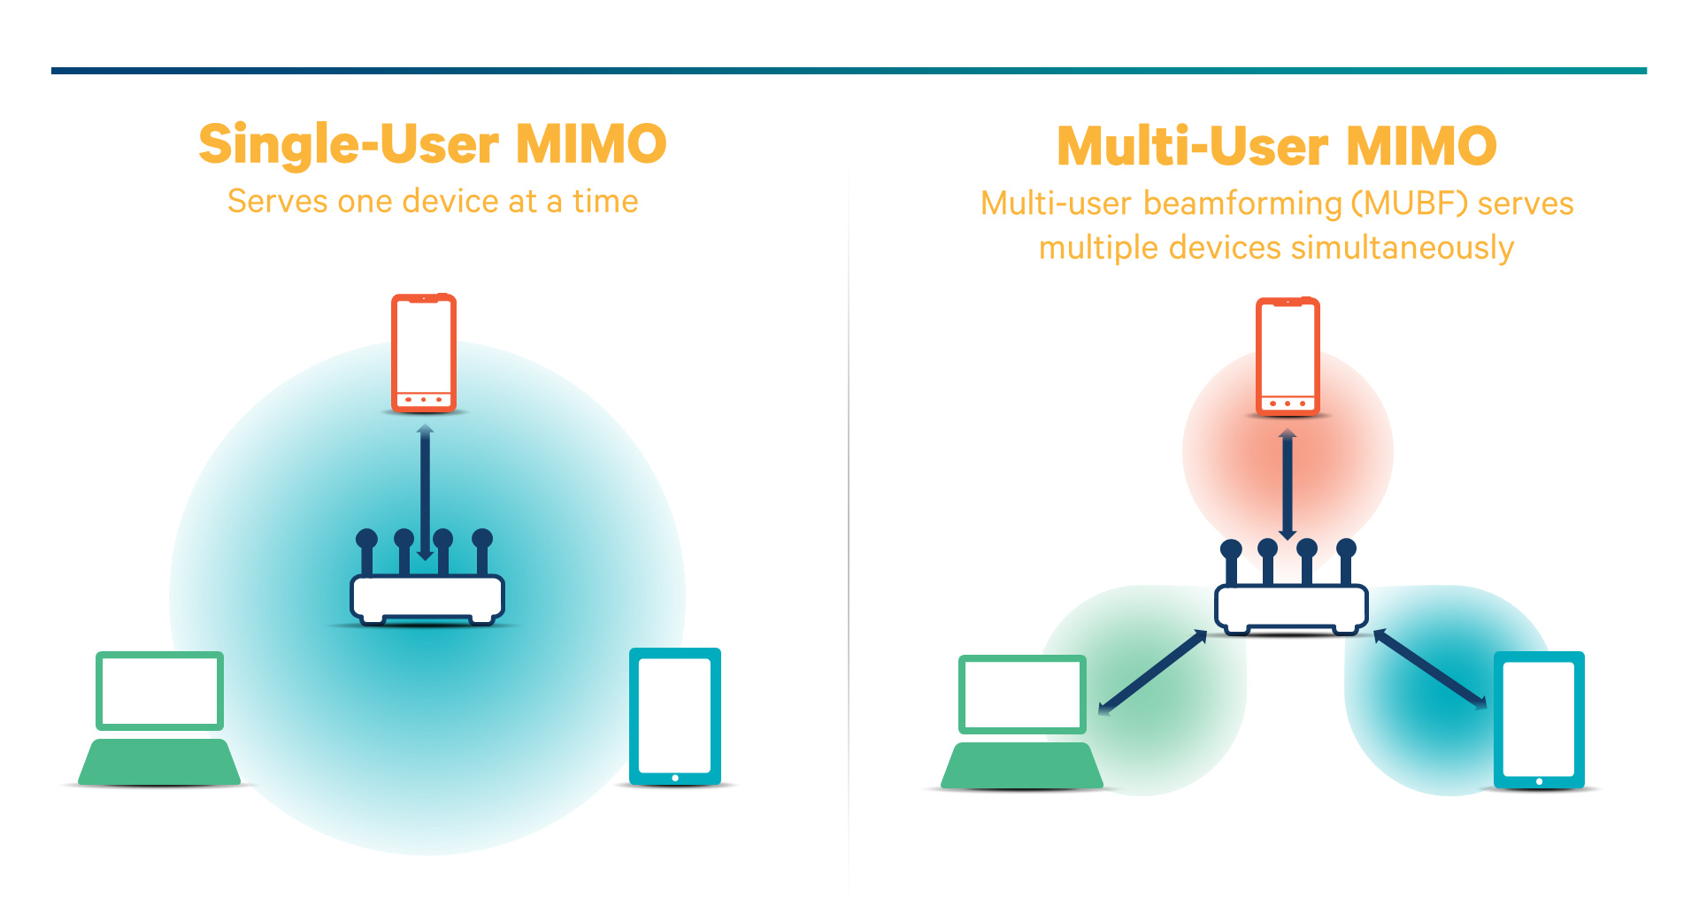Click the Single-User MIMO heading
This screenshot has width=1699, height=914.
pos(432,144)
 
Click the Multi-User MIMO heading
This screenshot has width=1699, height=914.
pos(1276,146)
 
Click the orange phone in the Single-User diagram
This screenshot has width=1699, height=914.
pos(424,352)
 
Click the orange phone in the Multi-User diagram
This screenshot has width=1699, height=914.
pos(1288,356)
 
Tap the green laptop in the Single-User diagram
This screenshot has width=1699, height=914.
pos(159,718)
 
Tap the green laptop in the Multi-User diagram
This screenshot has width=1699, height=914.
pos(1022,723)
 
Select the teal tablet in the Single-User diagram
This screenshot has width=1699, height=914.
pos(674,716)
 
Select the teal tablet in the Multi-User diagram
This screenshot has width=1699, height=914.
pos(1539,719)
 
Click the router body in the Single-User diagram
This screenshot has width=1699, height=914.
pos(427,598)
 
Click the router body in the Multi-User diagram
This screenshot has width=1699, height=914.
pos(1291,607)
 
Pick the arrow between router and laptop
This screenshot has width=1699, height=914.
pos(1153,672)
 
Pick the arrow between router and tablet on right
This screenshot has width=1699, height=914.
pos(1430,669)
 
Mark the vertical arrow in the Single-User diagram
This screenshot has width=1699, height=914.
pos(425,491)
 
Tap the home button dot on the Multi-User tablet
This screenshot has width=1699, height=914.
pos(1539,781)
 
